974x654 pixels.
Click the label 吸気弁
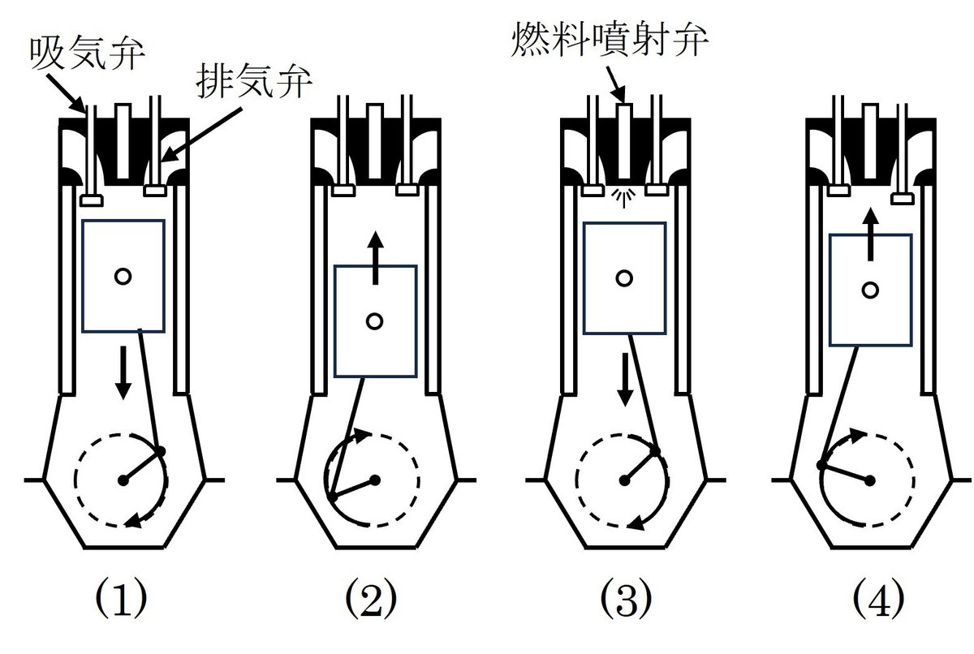88,53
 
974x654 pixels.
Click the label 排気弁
254,81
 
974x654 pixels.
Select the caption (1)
121,597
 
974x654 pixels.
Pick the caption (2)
371,597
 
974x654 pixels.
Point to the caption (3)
626,597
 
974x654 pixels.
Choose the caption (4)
878,597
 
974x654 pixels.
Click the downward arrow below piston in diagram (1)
123,372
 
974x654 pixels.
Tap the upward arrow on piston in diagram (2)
376,258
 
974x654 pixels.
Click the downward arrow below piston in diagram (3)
625,380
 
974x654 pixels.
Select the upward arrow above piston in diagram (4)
870,234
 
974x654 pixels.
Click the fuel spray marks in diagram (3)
623,198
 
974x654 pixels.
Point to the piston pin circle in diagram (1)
123,277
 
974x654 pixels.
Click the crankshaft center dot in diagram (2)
375,480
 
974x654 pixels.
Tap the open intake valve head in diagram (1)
92,200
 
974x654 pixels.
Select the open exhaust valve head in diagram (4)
903,199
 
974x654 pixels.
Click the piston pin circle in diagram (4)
870,290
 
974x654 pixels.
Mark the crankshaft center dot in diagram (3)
624,480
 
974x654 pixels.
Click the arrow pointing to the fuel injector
616,84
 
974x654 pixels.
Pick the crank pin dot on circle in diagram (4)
821,465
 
